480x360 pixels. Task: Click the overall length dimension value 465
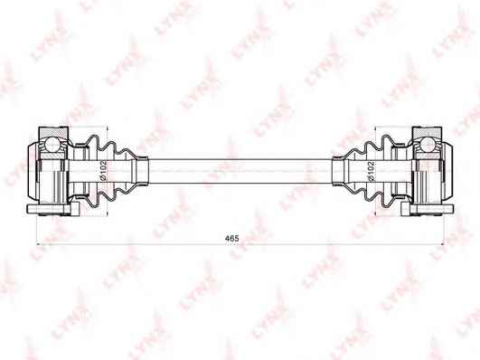click(x=231, y=238)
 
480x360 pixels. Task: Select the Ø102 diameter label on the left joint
click(x=103, y=170)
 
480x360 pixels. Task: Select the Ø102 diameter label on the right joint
click(x=371, y=172)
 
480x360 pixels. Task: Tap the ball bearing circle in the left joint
click(x=52, y=145)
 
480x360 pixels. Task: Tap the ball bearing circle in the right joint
click(x=427, y=145)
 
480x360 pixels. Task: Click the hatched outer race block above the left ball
click(x=53, y=132)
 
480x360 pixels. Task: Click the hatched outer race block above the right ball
click(x=428, y=132)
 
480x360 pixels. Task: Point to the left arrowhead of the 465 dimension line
click(x=39, y=244)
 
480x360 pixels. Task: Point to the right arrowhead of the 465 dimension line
click(x=441, y=244)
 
